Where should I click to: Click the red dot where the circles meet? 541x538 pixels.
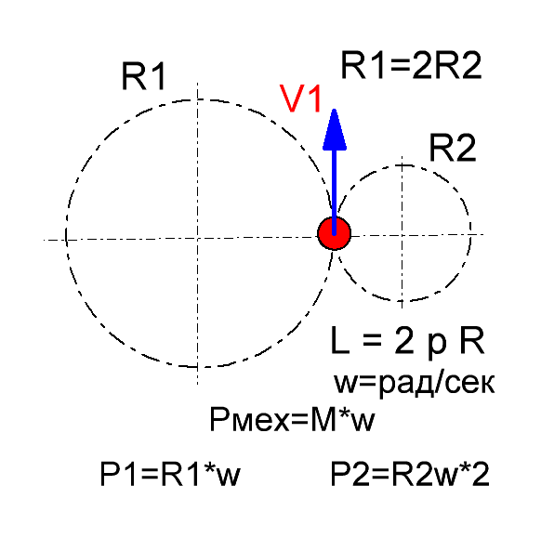point(334,233)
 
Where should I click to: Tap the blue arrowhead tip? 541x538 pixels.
point(334,110)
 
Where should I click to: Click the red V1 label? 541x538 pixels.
point(300,99)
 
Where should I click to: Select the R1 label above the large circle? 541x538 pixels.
point(143,76)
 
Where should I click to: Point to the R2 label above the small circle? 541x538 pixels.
point(453,149)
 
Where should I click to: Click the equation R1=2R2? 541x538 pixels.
point(411,66)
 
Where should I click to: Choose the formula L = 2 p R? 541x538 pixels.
point(407,341)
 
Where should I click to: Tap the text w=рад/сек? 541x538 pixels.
point(414,383)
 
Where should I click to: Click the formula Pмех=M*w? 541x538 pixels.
point(292,420)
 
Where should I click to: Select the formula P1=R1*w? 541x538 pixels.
point(170,474)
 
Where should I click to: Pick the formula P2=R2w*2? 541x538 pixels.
point(410,474)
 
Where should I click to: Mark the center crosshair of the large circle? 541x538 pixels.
point(197,238)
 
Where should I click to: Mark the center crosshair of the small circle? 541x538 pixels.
point(402,236)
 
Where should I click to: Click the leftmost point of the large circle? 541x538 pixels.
point(66,234)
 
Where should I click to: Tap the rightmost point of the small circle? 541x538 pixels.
point(470,230)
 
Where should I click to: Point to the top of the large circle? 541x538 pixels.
point(197,99)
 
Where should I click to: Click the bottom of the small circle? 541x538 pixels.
point(402,301)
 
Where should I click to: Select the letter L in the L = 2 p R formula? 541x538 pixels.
point(340,341)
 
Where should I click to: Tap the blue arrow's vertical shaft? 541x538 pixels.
point(334,191)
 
